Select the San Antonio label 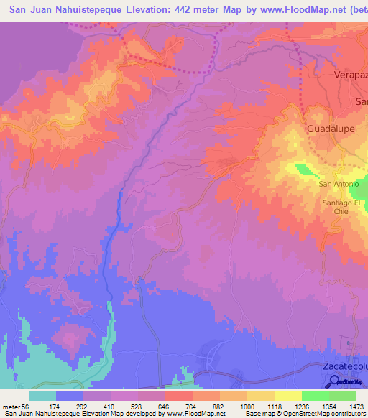(x=339, y=183)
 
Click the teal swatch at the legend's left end (x=42, y=396)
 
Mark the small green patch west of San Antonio (x=304, y=170)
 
